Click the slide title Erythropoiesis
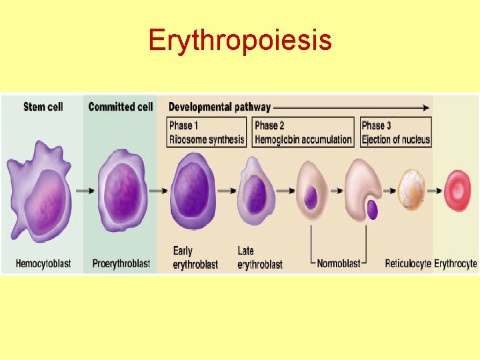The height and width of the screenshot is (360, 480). click(x=240, y=40)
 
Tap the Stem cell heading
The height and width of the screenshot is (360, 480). click(x=43, y=107)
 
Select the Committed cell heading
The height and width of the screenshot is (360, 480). click(x=121, y=107)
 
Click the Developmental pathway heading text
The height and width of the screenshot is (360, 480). click(x=219, y=107)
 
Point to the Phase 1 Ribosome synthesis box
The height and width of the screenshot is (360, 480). click(x=207, y=132)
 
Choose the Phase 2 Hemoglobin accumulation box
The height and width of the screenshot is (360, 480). click(x=303, y=132)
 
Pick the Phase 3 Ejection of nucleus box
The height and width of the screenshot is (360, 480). click(x=395, y=132)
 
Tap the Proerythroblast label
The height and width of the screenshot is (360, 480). click(x=120, y=264)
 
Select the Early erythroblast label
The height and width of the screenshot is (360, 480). click(x=195, y=258)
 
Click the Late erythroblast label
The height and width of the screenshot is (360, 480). click(x=259, y=258)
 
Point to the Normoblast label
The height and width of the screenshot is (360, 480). click(x=339, y=264)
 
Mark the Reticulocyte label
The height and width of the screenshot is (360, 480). click(x=408, y=264)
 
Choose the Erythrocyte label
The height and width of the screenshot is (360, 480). click(x=455, y=264)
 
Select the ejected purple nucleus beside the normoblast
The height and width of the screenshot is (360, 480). click(x=371, y=210)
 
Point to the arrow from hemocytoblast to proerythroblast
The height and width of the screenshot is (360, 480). click(x=85, y=190)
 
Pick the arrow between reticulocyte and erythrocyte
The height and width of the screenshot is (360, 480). click(x=434, y=190)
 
